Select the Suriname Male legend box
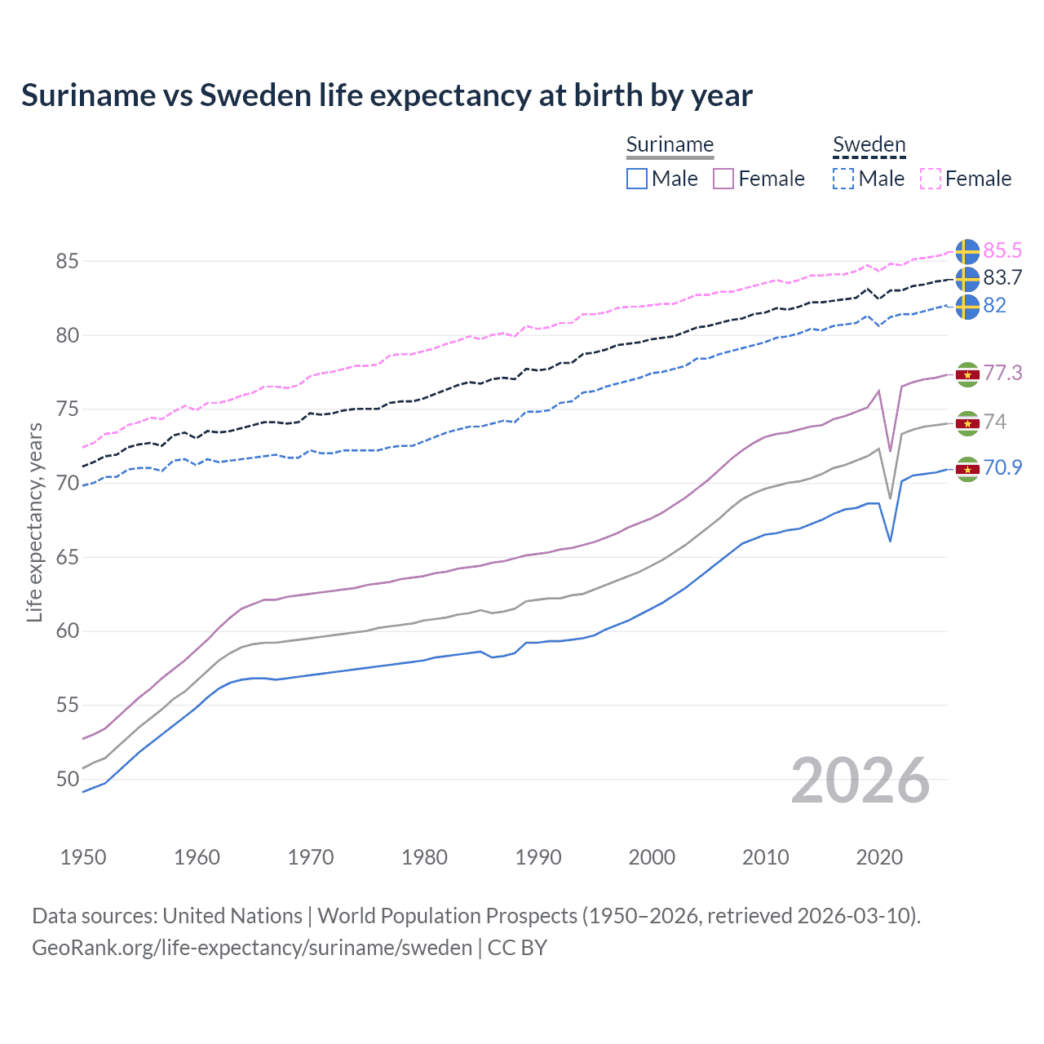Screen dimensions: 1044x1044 click(x=637, y=179)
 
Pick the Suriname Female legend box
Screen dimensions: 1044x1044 click(x=723, y=179)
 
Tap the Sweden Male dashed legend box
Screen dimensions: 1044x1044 click(x=843, y=179)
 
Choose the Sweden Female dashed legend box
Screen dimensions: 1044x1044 click(x=931, y=179)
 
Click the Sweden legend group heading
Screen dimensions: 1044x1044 click(x=869, y=145)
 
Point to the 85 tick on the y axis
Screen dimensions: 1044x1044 click(x=67, y=262)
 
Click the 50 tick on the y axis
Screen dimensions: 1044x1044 click(x=67, y=779)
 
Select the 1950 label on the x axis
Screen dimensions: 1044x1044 click(x=83, y=857)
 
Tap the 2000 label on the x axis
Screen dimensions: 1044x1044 click(x=652, y=857)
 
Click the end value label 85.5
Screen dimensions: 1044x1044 click(x=1002, y=250)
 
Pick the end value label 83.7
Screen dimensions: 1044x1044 click(x=1002, y=278)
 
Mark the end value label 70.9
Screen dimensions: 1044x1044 click(x=1002, y=467)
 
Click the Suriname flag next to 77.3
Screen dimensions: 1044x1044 click(x=967, y=374)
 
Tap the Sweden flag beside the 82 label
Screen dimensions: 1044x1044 click(x=967, y=307)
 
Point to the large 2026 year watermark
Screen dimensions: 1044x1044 click(x=860, y=781)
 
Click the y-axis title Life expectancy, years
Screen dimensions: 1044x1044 click(x=35, y=522)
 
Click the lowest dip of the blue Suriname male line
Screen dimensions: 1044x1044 click(x=890, y=541)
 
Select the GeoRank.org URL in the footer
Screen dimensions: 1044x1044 click(x=252, y=948)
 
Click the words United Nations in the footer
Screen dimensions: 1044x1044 click(x=232, y=916)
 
